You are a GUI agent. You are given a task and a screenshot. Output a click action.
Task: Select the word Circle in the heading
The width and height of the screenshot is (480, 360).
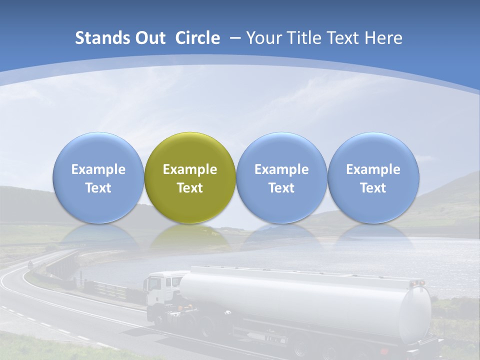click(197, 38)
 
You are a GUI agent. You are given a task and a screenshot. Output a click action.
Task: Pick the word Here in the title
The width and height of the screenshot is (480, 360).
click(383, 38)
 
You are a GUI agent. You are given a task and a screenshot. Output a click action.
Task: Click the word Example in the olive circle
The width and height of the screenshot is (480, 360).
click(190, 169)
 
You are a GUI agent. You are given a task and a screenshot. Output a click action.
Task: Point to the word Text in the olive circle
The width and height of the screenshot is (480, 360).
click(190, 188)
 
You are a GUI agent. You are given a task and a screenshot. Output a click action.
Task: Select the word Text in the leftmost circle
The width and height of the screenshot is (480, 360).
click(98, 188)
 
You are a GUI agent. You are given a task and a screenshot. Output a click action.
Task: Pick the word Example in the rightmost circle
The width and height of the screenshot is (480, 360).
click(373, 169)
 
